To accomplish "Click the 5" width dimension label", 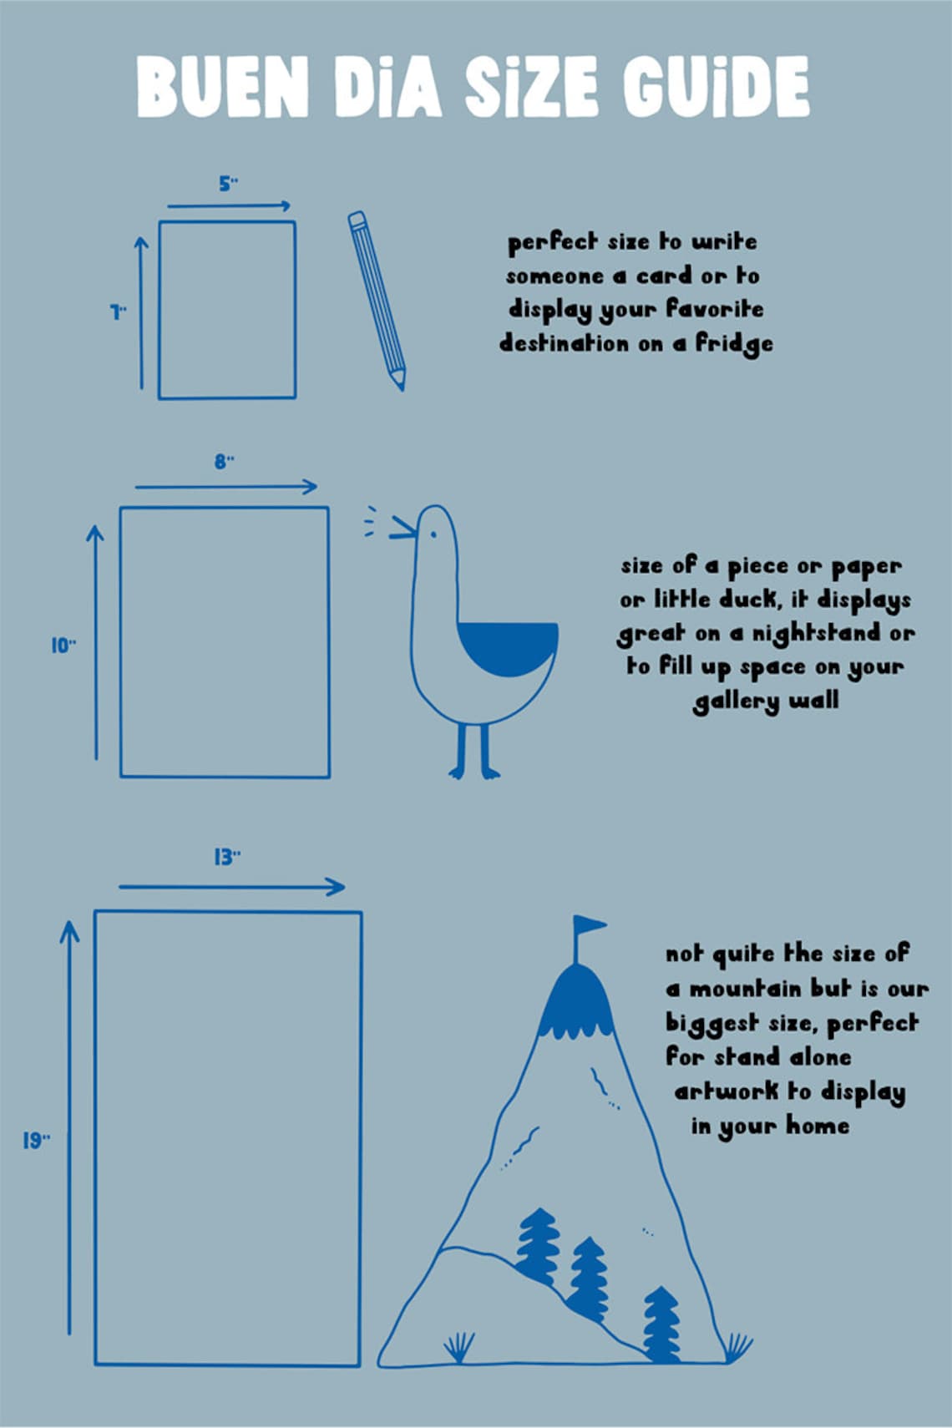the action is [x=228, y=185].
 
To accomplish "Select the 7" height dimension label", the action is [x=118, y=312].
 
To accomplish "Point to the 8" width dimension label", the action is [x=224, y=461].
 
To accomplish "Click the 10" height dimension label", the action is [x=63, y=646].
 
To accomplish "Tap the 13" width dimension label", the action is [x=227, y=858].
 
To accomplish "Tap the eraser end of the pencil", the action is [x=357, y=220].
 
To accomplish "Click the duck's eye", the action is [x=433, y=534].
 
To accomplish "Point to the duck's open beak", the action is [x=403, y=528].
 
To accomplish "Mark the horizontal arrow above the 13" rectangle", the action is [x=232, y=887].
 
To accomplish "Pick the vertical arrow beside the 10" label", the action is [x=96, y=642].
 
